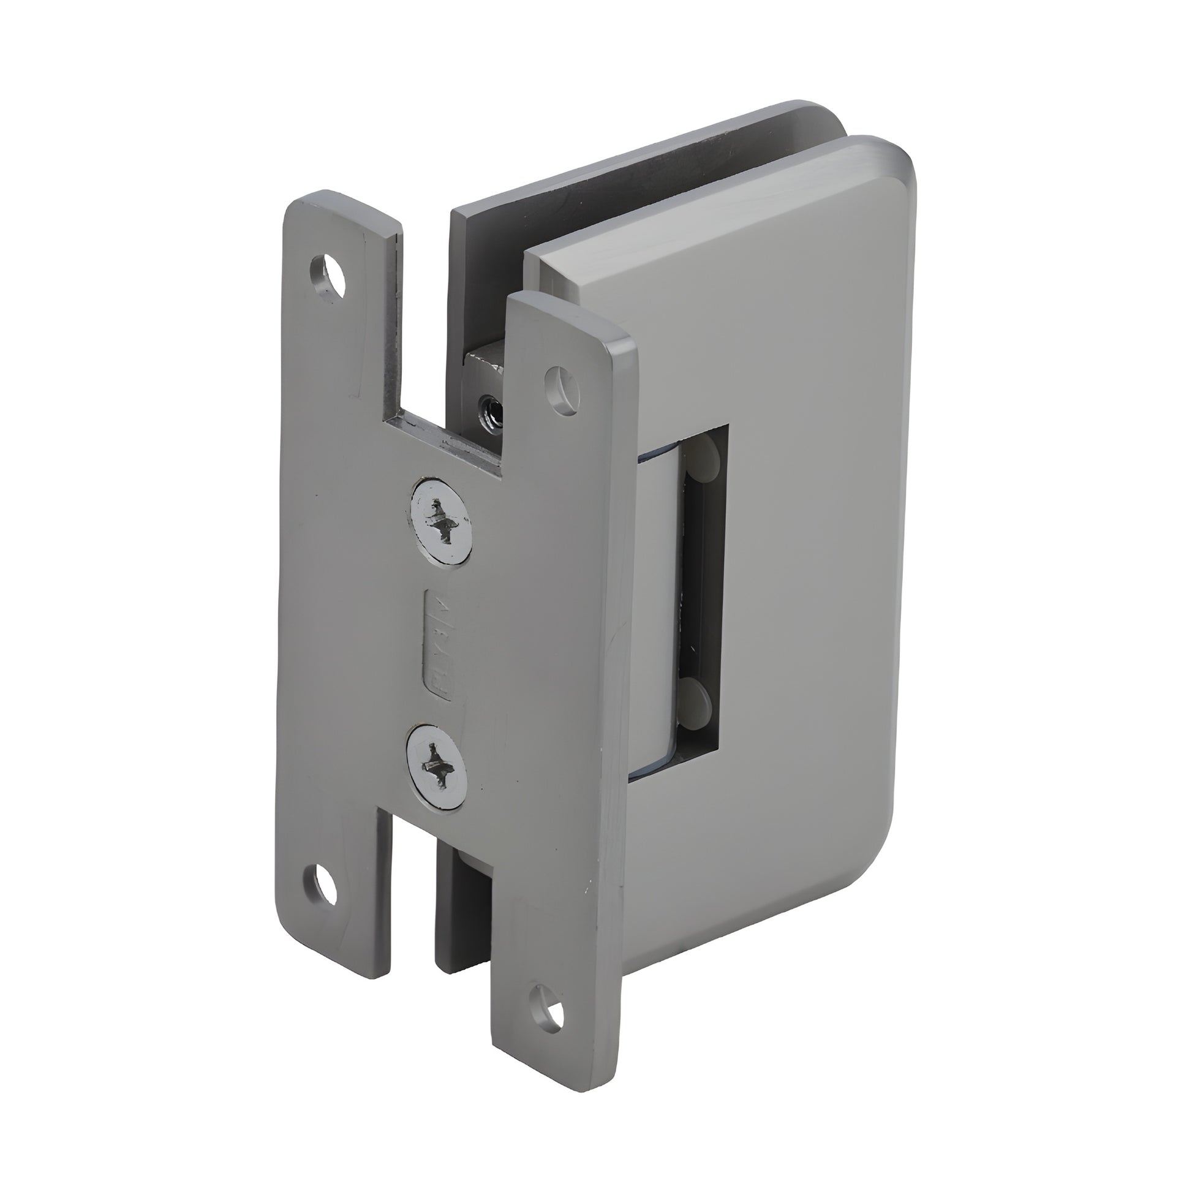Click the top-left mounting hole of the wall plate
point(328,276)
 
